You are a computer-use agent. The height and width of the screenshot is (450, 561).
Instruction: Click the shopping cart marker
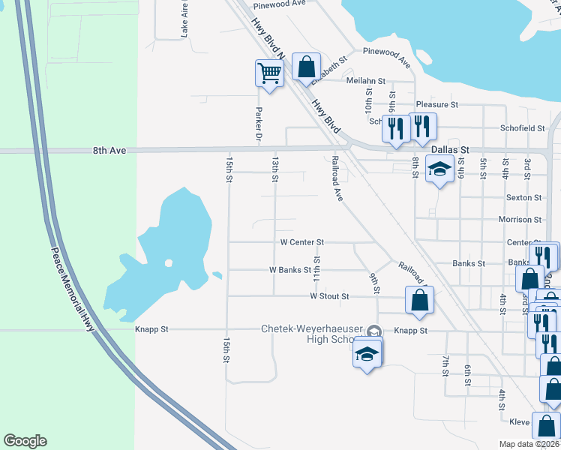(268, 74)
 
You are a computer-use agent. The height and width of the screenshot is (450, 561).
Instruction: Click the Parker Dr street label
(258, 124)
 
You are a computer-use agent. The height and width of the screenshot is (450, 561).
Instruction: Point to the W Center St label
(301, 242)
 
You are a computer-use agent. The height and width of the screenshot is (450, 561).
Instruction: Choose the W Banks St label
(289, 269)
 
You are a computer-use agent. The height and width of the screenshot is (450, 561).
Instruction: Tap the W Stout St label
(329, 296)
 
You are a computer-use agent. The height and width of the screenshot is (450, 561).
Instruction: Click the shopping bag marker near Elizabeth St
(306, 67)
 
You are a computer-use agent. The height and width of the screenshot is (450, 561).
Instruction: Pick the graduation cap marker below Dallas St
(439, 170)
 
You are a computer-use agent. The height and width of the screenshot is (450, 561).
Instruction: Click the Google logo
(25, 441)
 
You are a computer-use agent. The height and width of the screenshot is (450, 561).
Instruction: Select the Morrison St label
(520, 220)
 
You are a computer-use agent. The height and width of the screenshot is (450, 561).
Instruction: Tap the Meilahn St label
(365, 80)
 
